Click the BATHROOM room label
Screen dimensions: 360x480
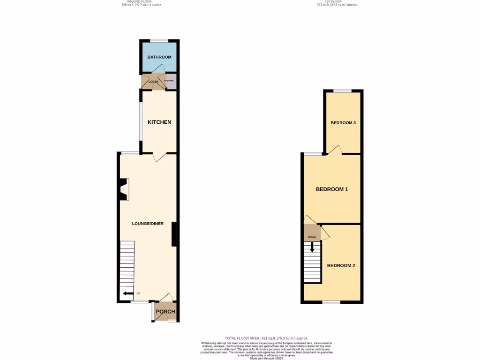(159, 57)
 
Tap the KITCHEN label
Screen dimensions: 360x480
(159, 122)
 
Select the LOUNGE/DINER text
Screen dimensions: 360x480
(148, 224)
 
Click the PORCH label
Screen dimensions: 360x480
(165, 312)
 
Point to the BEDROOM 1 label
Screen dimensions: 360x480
(331, 189)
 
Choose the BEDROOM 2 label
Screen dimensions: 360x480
(341, 265)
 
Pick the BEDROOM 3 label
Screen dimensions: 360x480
(343, 123)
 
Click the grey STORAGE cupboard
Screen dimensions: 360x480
(169, 81)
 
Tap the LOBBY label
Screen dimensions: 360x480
(153, 82)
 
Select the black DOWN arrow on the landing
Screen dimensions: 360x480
(312, 247)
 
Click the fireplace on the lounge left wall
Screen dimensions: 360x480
(123, 189)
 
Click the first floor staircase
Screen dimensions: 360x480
(312, 265)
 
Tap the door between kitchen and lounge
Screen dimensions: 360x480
(160, 157)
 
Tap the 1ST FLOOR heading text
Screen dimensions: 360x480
(337, 2)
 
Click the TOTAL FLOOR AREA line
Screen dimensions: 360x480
(266, 338)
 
